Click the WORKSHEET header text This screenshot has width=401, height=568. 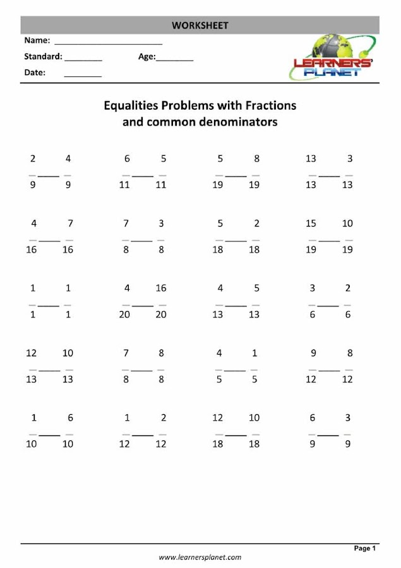200,25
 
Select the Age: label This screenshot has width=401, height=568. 147,57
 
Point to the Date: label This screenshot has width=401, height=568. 35,73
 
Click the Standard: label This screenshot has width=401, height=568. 43,57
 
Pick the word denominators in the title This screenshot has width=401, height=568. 236,122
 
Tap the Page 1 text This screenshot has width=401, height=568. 365,548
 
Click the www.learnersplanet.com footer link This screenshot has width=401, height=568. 200,557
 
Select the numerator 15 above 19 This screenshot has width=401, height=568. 311,223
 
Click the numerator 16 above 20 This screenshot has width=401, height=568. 161,288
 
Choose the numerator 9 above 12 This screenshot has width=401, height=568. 313,353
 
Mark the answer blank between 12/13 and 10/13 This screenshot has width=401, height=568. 51,370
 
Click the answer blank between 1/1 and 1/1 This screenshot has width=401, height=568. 51,305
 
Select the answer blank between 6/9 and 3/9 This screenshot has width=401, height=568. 328,435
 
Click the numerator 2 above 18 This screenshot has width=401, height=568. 256,223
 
